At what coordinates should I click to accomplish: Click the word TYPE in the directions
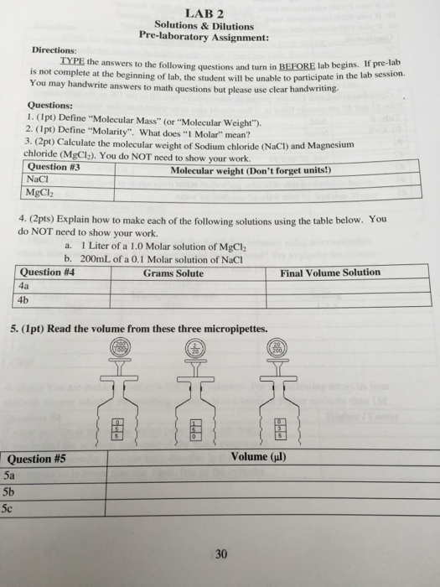[75, 62]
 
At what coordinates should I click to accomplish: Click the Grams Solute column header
[173, 273]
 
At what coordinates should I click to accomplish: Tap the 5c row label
[9, 507]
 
